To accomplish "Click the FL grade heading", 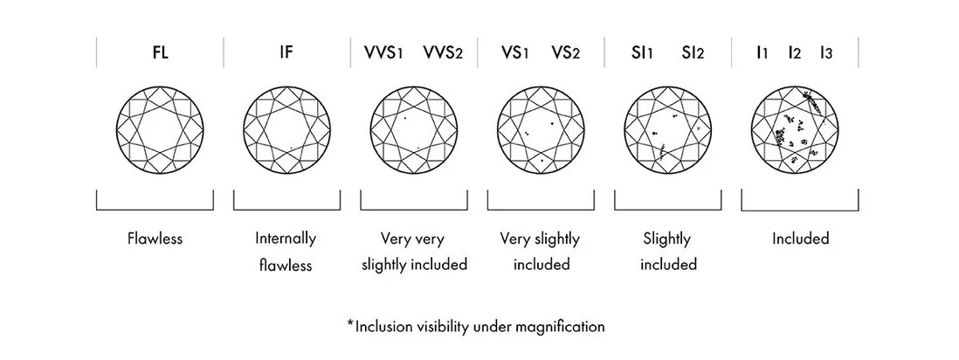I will click(159, 53).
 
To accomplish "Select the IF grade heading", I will click(286, 53).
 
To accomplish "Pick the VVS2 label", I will click(443, 53).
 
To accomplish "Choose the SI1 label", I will click(641, 53).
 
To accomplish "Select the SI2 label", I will click(692, 53).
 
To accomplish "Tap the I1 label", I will click(762, 53).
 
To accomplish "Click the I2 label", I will click(794, 53).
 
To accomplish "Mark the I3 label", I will click(825, 53).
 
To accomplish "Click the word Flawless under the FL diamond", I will click(154, 239).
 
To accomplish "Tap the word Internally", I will click(286, 239).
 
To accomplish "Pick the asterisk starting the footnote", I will click(350, 324).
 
